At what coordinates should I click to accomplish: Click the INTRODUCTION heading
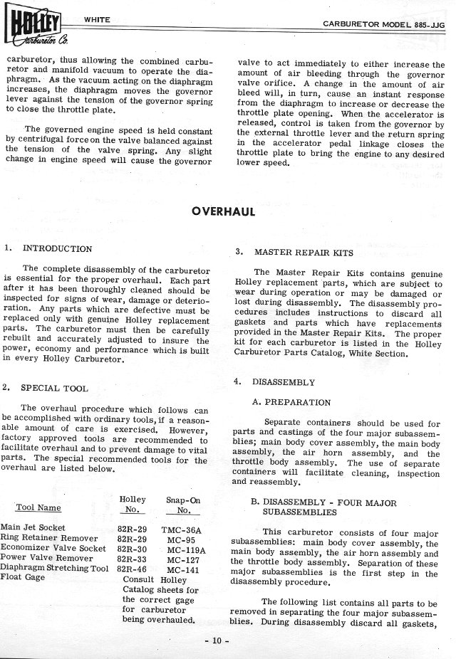point(58,249)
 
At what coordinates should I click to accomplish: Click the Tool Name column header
point(38,508)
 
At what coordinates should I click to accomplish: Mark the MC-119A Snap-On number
point(185,549)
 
